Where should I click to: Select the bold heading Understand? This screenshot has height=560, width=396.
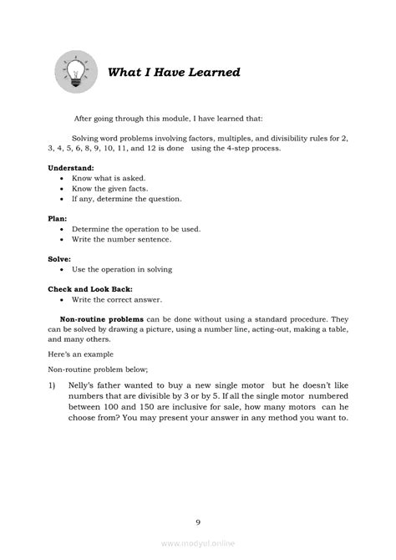71,167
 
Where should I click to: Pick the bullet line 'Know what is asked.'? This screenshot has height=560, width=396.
109,178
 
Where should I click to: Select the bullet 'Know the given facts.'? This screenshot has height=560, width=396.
111,189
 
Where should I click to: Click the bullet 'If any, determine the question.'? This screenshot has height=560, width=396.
126,200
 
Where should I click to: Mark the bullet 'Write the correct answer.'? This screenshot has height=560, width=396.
117,298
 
